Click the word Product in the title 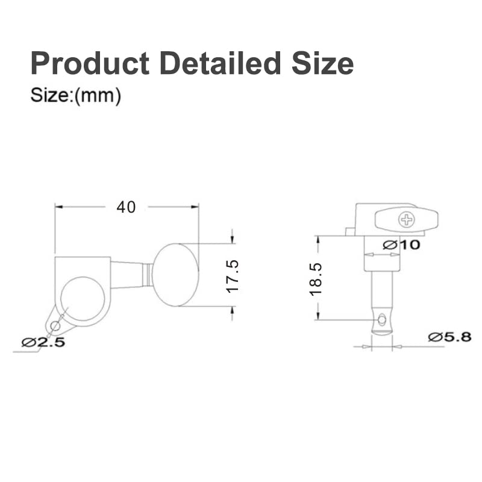point(90,63)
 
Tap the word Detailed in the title point(220,63)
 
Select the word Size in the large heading point(322,63)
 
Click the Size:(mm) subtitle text point(76,96)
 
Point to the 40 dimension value point(126,207)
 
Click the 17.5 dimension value point(233,276)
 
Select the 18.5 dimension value point(316,280)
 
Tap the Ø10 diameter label point(401,245)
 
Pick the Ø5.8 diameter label point(449,337)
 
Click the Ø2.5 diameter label point(43,342)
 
